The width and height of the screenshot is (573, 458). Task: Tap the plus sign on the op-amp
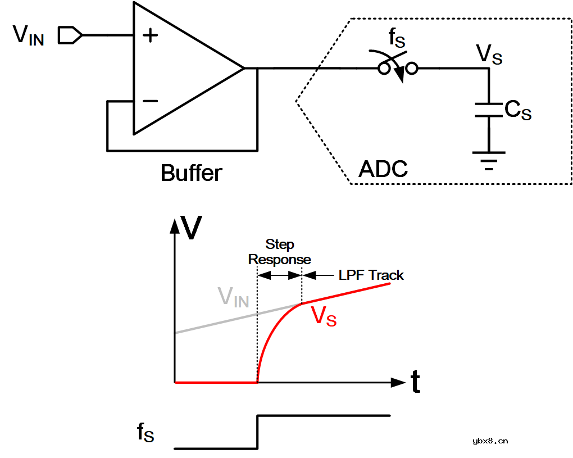(x=150, y=36)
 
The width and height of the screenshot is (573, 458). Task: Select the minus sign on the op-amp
(x=150, y=101)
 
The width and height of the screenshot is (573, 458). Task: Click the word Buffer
(x=191, y=173)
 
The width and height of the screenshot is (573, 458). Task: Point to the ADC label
(x=383, y=169)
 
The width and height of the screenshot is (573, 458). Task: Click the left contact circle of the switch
(x=385, y=69)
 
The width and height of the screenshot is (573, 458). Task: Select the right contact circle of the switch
(x=412, y=69)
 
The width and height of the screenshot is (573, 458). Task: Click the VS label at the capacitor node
(x=489, y=55)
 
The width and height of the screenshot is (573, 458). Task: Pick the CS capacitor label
(x=517, y=111)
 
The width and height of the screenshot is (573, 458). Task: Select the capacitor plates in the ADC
(x=489, y=110)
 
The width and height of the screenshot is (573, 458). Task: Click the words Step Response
(x=280, y=252)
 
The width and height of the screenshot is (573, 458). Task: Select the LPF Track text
(x=371, y=275)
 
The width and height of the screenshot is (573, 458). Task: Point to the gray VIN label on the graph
(x=233, y=297)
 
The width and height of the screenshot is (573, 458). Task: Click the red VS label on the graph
(x=324, y=316)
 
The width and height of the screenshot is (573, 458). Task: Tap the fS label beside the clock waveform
(x=145, y=432)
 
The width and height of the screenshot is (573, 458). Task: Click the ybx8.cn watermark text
(x=490, y=441)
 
